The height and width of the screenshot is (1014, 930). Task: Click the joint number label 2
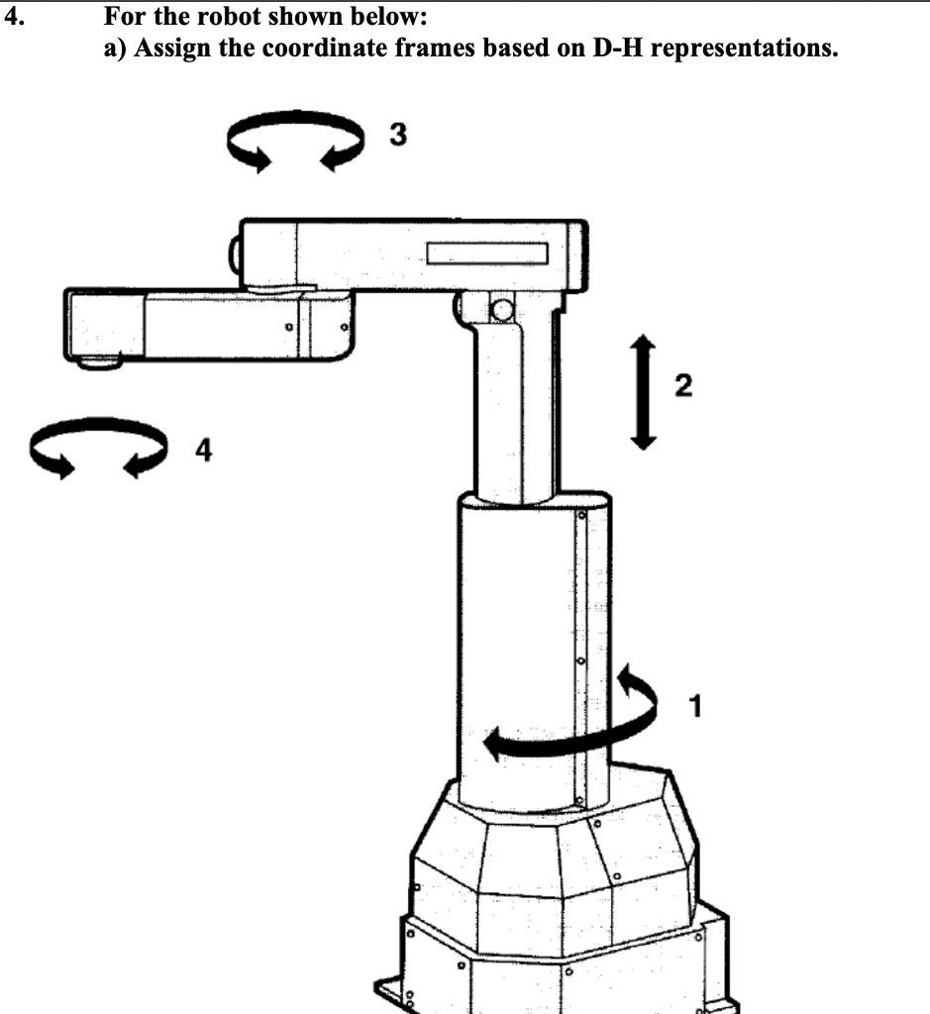[684, 384]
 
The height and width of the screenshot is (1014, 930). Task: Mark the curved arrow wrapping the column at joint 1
[574, 723]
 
